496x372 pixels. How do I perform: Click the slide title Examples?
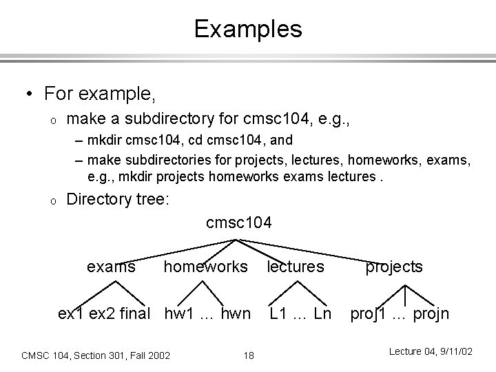tap(247, 29)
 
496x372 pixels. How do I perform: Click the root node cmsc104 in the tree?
tap(238, 223)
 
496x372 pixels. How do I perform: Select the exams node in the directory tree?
tap(112, 267)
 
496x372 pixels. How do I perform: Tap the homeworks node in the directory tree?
tap(205, 267)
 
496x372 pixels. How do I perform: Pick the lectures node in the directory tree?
tap(295, 267)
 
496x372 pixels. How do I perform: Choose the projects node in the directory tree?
tap(394, 267)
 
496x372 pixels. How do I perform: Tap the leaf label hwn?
tap(235, 314)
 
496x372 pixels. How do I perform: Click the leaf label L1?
tap(279, 314)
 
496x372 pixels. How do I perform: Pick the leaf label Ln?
tap(321, 314)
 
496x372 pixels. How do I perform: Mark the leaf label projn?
tap(431, 315)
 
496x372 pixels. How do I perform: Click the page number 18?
tap(249, 355)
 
